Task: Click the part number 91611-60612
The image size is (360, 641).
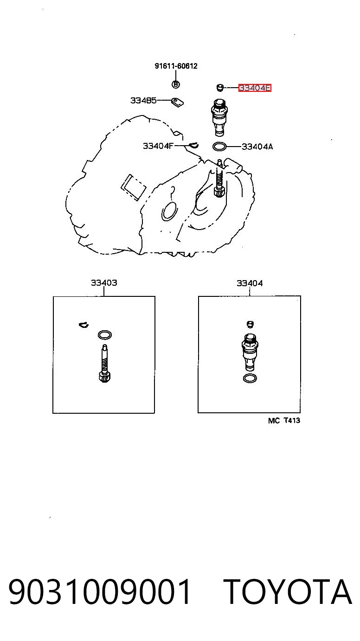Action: pyautogui.click(x=176, y=66)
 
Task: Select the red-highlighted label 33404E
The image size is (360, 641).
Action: pyautogui.click(x=255, y=88)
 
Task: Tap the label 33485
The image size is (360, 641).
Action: pyautogui.click(x=143, y=101)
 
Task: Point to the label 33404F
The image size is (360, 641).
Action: pyautogui.click(x=158, y=146)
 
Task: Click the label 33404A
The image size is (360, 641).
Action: pyautogui.click(x=257, y=147)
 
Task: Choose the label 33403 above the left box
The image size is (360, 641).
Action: pyautogui.click(x=104, y=283)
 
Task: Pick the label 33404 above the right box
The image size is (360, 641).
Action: pyautogui.click(x=250, y=283)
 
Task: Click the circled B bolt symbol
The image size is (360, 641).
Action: pyautogui.click(x=176, y=84)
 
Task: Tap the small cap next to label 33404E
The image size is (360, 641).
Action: pyautogui.click(x=220, y=88)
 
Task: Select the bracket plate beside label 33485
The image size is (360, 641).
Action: pyautogui.click(x=177, y=103)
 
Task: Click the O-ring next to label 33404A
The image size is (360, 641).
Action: pyautogui.click(x=219, y=147)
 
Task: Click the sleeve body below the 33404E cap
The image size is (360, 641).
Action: pyautogui.click(x=219, y=117)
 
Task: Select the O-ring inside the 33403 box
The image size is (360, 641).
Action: pyautogui.click(x=105, y=334)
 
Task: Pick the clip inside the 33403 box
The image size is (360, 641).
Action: pyautogui.click(x=84, y=325)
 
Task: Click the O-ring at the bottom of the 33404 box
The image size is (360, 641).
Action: pyautogui.click(x=250, y=378)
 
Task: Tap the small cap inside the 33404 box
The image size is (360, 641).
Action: pyautogui.click(x=251, y=324)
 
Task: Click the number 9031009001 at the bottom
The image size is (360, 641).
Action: pyautogui.click(x=100, y=592)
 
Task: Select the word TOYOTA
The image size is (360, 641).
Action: pyautogui.click(x=287, y=592)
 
